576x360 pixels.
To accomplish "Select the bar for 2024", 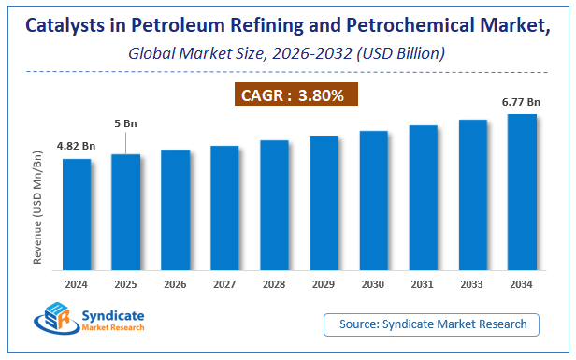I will pyautogui.click(x=77, y=217).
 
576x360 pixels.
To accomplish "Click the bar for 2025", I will pyautogui.click(x=126, y=214).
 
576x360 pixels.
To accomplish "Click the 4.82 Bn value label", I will pyautogui.click(x=77, y=146).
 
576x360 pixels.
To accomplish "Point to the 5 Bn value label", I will pyautogui.click(x=125, y=122).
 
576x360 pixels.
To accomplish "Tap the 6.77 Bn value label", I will pyautogui.click(x=521, y=101).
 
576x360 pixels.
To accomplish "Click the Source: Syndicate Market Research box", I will pyautogui.click(x=432, y=324).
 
